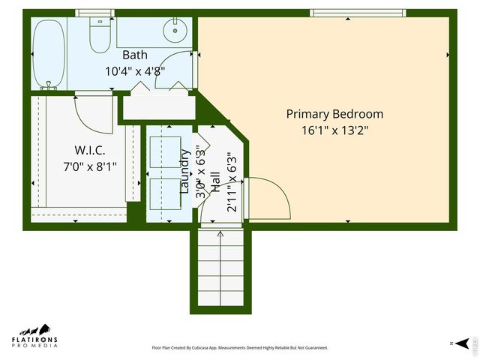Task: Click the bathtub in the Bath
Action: pyautogui.click(x=49, y=53)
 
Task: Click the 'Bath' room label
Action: pyautogui.click(x=135, y=55)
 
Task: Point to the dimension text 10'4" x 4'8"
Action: pyautogui.click(x=135, y=71)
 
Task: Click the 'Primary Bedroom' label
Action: pyautogui.click(x=334, y=114)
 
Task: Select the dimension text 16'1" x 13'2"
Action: pyautogui.click(x=334, y=130)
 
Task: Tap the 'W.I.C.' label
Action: pyautogui.click(x=89, y=150)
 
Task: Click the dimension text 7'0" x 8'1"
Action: pyautogui.click(x=89, y=166)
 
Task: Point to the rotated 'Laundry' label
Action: pyautogui.click(x=184, y=172)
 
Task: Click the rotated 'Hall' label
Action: pyautogui.click(x=216, y=183)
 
